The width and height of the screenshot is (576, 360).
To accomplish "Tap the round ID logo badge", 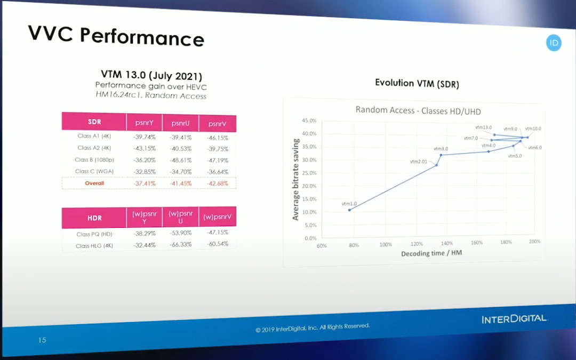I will pyautogui.click(x=554, y=43).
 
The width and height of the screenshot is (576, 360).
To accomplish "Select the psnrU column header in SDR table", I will pyautogui.click(x=180, y=123).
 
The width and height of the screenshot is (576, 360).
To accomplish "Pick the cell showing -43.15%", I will pyautogui.click(x=143, y=148).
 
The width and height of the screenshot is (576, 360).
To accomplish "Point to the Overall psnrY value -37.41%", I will pyautogui.click(x=143, y=183).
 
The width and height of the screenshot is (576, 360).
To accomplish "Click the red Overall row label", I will pyautogui.click(x=94, y=183).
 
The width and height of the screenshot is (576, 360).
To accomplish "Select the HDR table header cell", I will pyautogui.click(x=94, y=218).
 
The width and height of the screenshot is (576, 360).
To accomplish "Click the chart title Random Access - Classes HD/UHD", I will pyautogui.click(x=418, y=110).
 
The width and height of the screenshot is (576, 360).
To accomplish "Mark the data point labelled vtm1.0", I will pyautogui.click(x=349, y=210).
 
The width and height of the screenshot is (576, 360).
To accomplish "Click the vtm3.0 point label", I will pyautogui.click(x=441, y=149).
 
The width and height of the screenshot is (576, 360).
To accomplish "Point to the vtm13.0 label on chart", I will pyautogui.click(x=483, y=127).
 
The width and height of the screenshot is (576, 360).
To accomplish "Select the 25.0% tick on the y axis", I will pyautogui.click(x=309, y=173).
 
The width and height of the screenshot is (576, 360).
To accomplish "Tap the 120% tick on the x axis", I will pyautogui.click(x=416, y=244).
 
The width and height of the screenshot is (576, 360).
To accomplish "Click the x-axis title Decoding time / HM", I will pyautogui.click(x=431, y=253).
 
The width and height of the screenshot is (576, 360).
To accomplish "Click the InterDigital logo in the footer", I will pyautogui.click(x=514, y=319).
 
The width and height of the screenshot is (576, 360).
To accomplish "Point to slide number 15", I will pyautogui.click(x=42, y=340).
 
